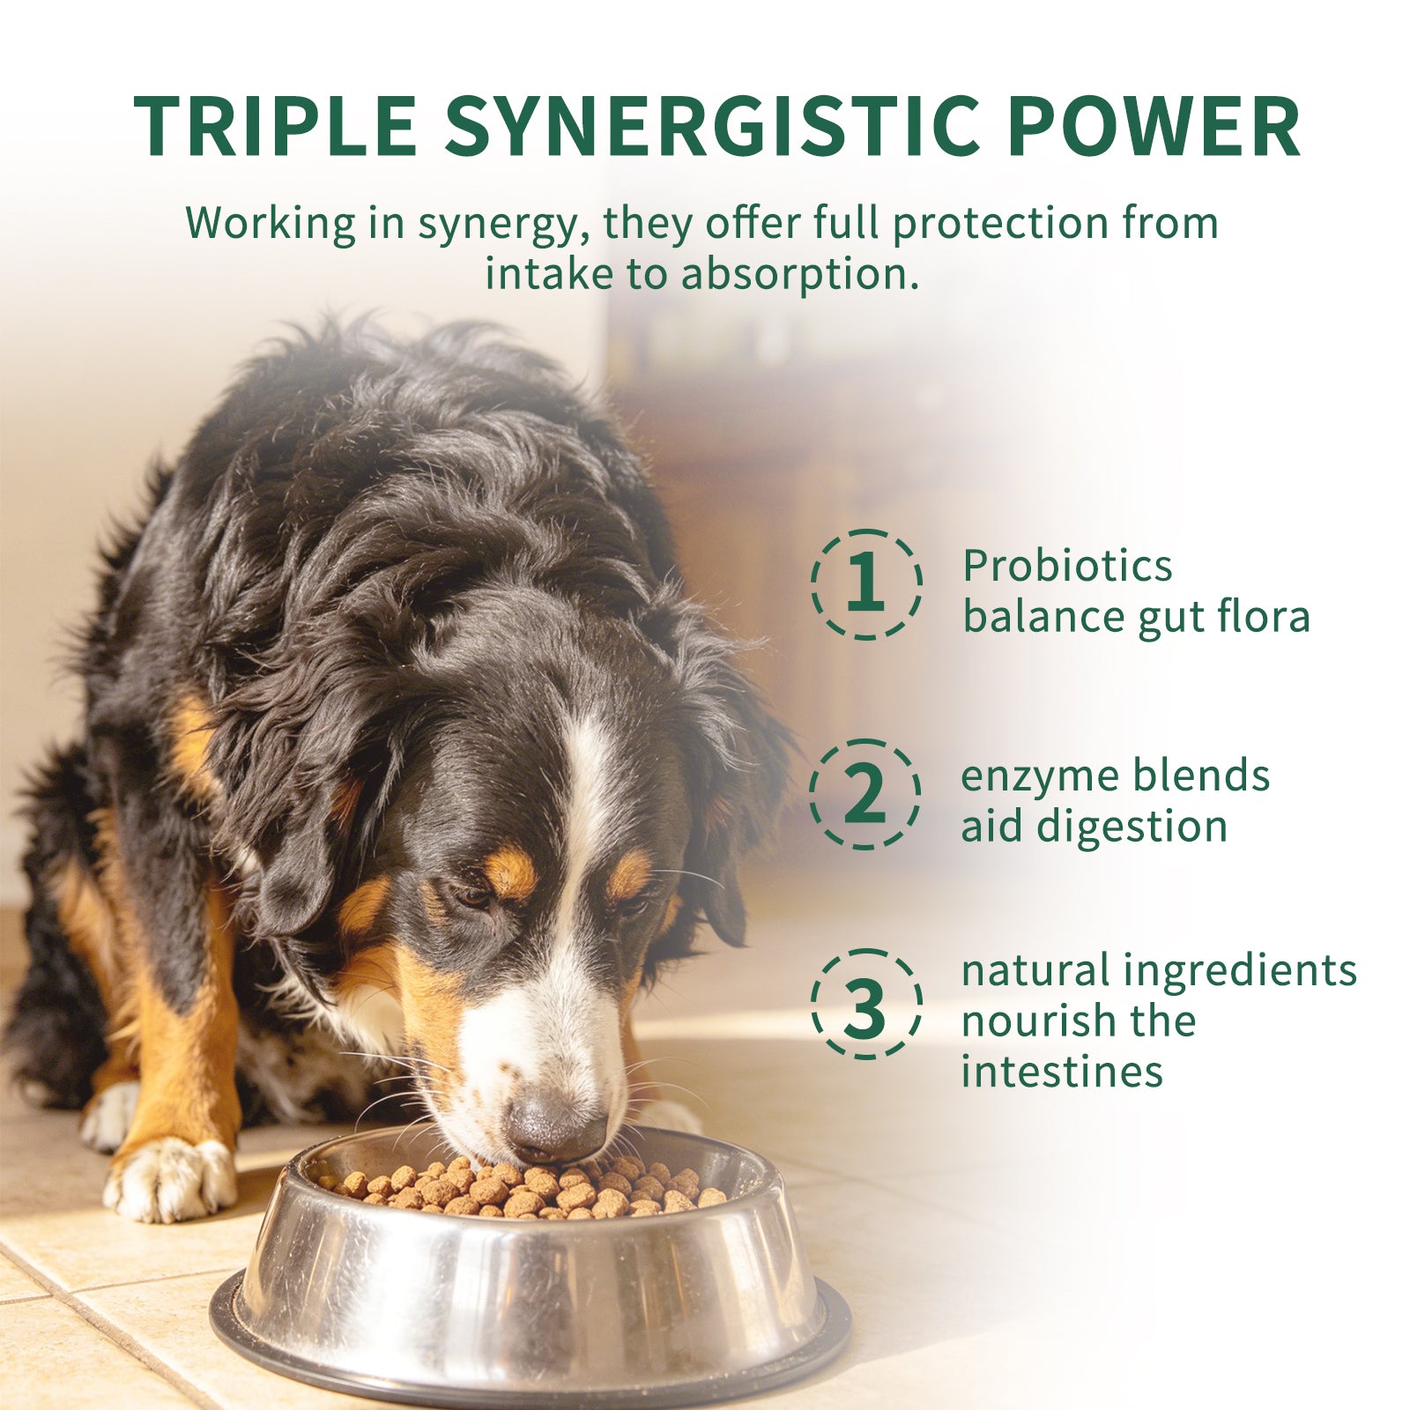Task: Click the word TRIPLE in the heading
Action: [275, 125]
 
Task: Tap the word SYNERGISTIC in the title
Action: [712, 125]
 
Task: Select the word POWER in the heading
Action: [1154, 125]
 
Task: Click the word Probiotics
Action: [1067, 565]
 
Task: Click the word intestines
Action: [1062, 1072]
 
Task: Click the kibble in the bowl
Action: [529, 1188]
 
